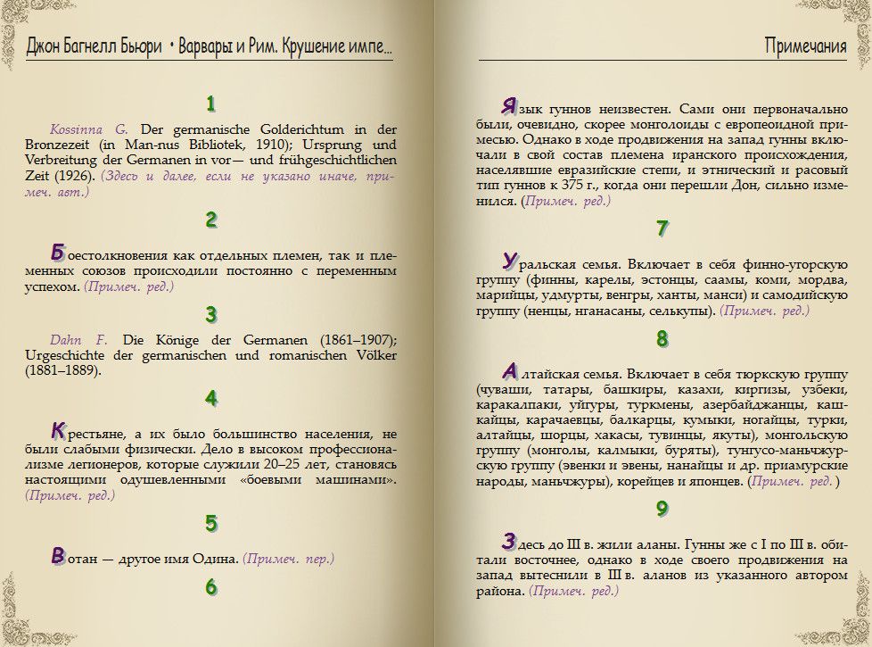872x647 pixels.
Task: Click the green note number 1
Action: [x=210, y=104]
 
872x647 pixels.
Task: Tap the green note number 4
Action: [x=210, y=398]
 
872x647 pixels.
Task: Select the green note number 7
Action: [x=662, y=228]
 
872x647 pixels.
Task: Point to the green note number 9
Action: [x=662, y=509]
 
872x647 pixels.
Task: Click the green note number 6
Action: [x=210, y=587]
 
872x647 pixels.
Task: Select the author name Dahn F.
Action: [x=78, y=339]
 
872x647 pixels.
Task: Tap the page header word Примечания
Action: [x=805, y=46]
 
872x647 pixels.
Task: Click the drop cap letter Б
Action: [x=58, y=253]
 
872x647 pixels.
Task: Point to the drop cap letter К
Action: [x=58, y=430]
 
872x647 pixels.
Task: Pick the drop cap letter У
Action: [x=509, y=261]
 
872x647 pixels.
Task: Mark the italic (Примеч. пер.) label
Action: [x=289, y=559]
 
